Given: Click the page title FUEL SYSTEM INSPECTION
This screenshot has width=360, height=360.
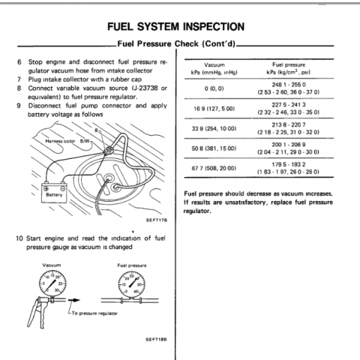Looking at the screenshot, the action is coord(175,27).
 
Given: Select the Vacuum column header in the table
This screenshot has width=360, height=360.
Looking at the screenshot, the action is coord(214,68).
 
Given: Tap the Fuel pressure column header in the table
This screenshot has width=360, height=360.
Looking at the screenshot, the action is coord(289,68).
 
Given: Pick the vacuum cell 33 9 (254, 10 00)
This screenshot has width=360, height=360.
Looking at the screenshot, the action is coord(214,128).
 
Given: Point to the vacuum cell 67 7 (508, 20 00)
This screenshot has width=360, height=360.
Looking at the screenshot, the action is coord(214,168).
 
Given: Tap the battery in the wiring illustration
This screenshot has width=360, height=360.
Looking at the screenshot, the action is coord(54,192).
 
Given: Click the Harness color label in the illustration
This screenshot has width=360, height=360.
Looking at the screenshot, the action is coord(60,141).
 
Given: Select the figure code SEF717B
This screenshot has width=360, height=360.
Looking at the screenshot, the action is coord(157,220).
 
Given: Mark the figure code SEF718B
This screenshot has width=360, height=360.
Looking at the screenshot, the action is coord(157,339).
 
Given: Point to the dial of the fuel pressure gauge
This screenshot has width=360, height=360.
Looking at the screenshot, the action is coord(131,285).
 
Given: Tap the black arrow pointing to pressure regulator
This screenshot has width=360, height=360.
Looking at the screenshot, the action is coord(73,300).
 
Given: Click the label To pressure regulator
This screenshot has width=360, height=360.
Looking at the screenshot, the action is coord(94,313).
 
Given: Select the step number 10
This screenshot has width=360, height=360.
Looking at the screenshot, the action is coord(19,238).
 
